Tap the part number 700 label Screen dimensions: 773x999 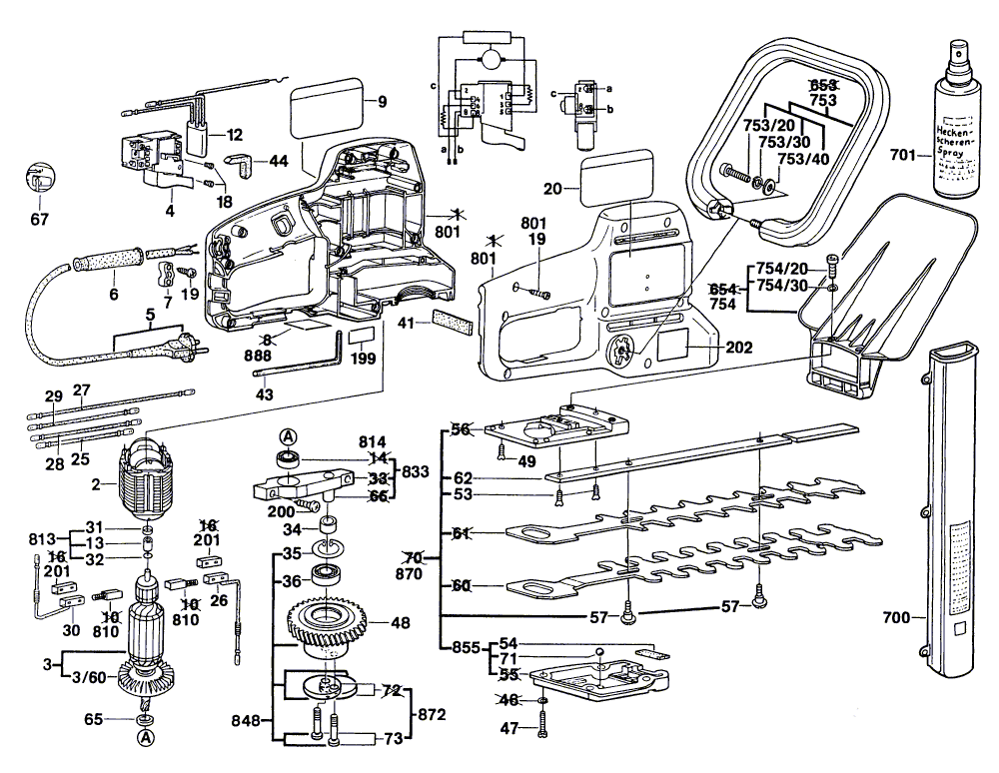coord(897,618)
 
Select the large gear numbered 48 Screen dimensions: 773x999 coord(329,627)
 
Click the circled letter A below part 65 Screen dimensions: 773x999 coord(146,737)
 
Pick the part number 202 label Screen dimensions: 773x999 coord(740,349)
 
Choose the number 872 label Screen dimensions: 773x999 coord(432,715)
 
